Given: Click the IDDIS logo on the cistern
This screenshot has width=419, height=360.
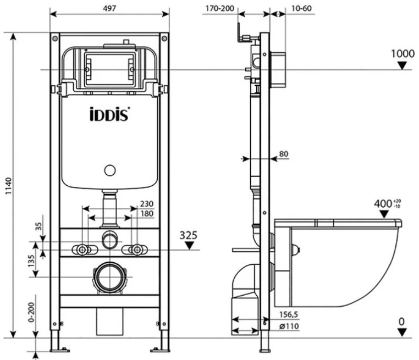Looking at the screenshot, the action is coord(109,114).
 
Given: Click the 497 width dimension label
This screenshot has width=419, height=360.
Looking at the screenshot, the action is coord(109,8).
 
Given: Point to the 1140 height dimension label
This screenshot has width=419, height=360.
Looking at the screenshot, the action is coord(9,186).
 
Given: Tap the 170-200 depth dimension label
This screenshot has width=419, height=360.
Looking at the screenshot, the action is coord(219,9).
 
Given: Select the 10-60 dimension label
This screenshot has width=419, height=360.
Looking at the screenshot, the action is coord(301,9).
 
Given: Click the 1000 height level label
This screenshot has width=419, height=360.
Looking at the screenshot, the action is coord(403,54).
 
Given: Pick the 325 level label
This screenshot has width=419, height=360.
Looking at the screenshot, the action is coord(189,235).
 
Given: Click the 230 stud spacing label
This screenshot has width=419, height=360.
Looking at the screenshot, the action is coord(147,204).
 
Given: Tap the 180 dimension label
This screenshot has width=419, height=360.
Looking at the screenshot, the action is coord(147,214).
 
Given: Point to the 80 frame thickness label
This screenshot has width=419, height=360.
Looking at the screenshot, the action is coord(284,154).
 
